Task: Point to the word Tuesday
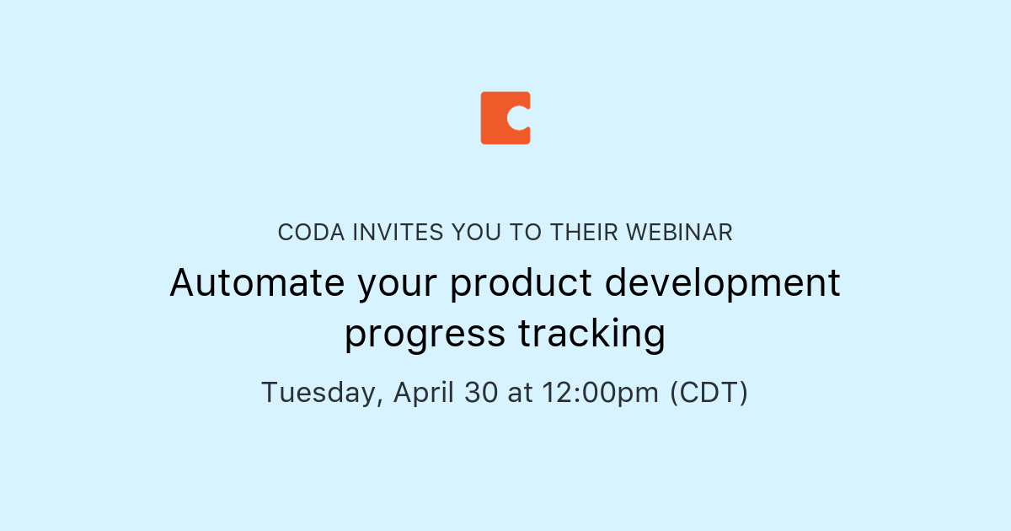pos(321,393)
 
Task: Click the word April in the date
pos(424,393)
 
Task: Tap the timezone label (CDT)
pos(709,393)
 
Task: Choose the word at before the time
pos(521,393)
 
